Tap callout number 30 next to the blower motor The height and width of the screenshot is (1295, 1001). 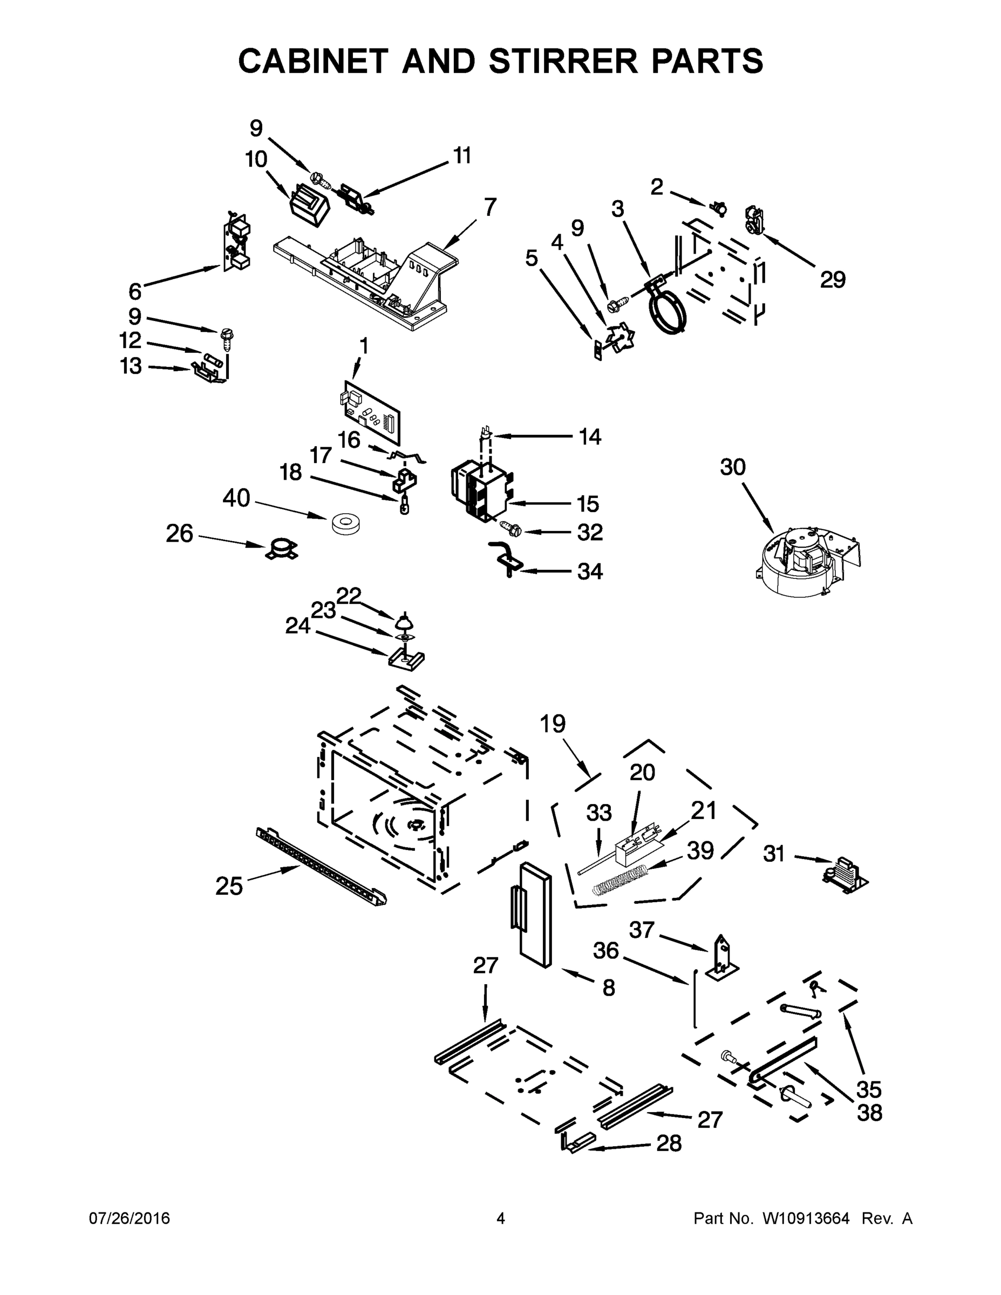tap(732, 467)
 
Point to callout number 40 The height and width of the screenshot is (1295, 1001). tap(236, 498)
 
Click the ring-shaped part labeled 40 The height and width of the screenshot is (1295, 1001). tap(347, 524)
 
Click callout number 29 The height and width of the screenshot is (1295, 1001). tap(833, 280)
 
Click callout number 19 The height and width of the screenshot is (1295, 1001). tap(553, 724)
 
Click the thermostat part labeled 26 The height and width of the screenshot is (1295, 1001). tap(281, 549)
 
